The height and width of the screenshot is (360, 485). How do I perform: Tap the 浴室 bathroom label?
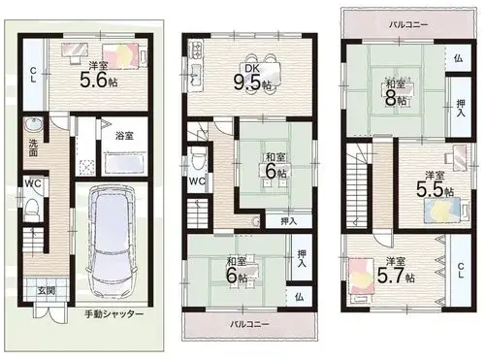tap(124, 136)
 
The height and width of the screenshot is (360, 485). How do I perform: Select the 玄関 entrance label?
tap(47, 290)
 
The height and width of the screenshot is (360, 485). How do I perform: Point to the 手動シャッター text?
tap(113, 314)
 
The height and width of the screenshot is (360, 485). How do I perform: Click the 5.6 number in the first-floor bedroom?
tap(93, 80)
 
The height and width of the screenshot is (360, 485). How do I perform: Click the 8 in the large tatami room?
tap(390, 99)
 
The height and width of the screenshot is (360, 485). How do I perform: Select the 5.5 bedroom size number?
tap(430, 190)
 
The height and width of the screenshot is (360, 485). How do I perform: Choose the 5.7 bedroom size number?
tap(390, 276)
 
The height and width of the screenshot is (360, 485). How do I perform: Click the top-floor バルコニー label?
tap(408, 24)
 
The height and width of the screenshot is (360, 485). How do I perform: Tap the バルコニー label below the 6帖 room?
tap(249, 324)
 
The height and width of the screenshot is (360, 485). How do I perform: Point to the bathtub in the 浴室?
tap(124, 164)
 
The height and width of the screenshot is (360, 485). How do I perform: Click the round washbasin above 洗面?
tap(33, 124)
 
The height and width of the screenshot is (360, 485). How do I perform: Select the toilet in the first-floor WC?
tap(32, 207)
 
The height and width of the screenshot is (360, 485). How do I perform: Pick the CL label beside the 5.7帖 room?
tap(461, 271)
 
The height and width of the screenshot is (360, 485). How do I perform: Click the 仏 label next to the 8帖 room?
tap(458, 58)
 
